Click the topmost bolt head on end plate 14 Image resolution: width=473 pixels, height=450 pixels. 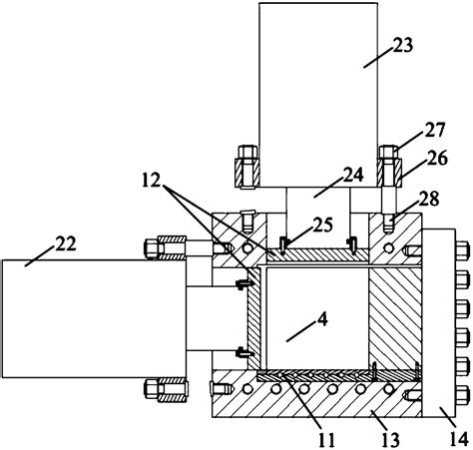tap(465, 245)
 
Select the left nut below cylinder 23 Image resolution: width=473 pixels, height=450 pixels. tap(244, 170)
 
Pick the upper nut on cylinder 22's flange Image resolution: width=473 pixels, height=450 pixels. tap(167, 245)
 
